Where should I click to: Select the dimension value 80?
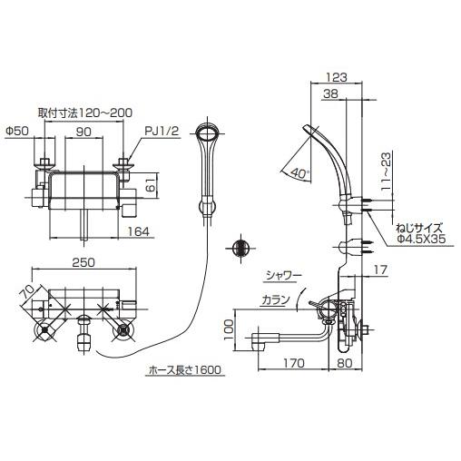(x=346, y=367)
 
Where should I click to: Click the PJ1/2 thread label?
(x=154, y=132)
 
